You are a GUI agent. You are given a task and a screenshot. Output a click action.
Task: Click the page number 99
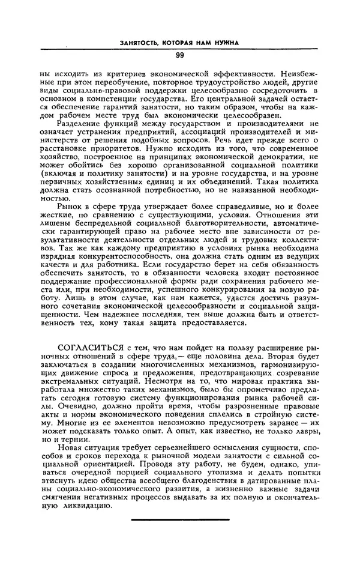click(x=180, y=56)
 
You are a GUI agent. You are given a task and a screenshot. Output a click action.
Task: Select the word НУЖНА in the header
click(x=223, y=43)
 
